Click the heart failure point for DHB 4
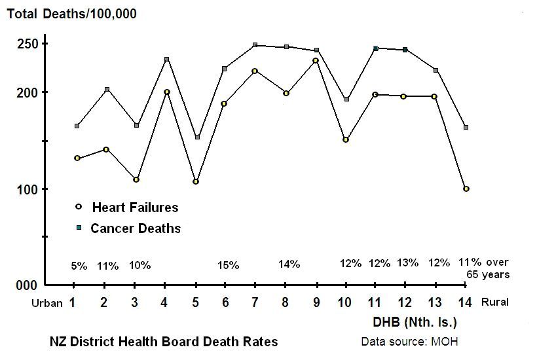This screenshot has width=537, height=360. (x=167, y=92)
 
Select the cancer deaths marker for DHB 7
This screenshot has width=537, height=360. (x=255, y=45)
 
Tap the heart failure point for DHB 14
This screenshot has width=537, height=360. (x=466, y=189)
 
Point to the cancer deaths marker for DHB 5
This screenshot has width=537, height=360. (x=197, y=137)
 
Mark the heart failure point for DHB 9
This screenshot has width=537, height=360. (x=316, y=61)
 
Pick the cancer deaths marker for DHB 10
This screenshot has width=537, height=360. (x=346, y=99)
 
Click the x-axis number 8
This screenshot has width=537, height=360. (x=286, y=302)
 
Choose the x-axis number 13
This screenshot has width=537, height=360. (x=435, y=302)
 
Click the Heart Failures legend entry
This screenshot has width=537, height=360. (x=135, y=207)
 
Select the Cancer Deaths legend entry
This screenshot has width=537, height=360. (x=135, y=228)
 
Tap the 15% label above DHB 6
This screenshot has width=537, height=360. (x=229, y=265)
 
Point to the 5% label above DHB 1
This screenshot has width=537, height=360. (x=79, y=266)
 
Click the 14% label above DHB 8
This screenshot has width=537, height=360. (x=289, y=264)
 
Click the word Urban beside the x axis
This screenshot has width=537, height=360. (x=48, y=303)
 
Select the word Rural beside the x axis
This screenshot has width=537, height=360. (x=495, y=302)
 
